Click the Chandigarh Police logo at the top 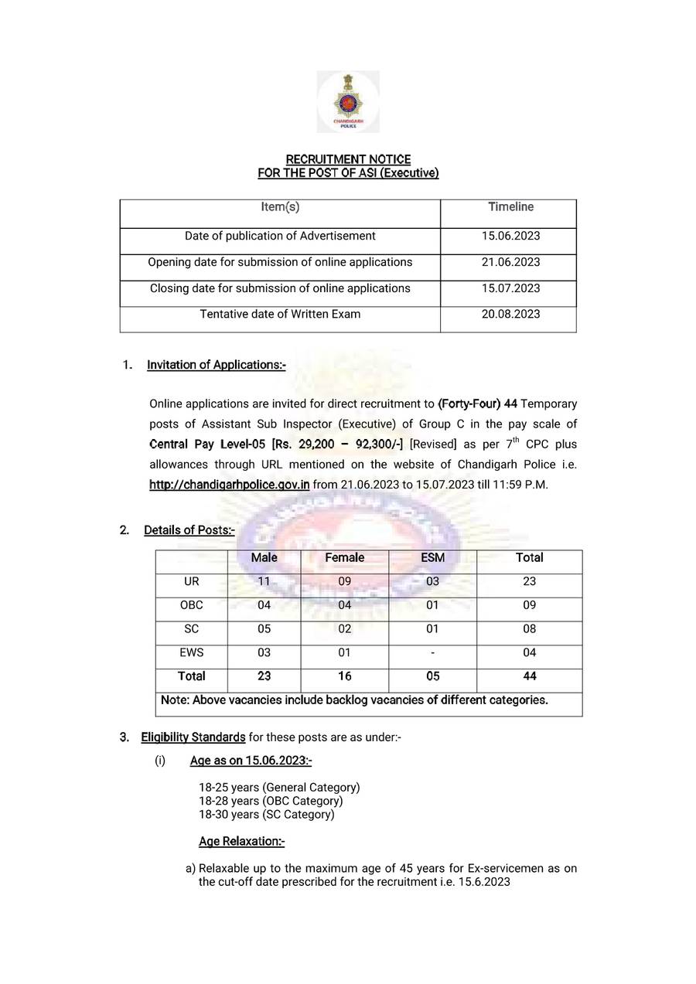click(x=348, y=101)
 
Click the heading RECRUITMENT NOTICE click(x=348, y=159)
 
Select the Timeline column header click(x=510, y=207)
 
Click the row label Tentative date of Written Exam click(x=280, y=315)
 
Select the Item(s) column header click(x=280, y=207)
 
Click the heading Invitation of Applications click(x=216, y=365)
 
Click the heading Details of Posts click(x=189, y=530)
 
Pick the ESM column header click(x=432, y=558)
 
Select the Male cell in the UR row click(x=264, y=582)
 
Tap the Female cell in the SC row click(x=345, y=629)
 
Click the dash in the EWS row click(x=432, y=653)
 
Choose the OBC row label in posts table click(x=191, y=605)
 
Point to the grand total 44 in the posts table click(x=529, y=676)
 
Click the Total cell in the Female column click(x=345, y=676)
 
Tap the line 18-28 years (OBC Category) click(x=271, y=801)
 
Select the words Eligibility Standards click(x=193, y=737)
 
